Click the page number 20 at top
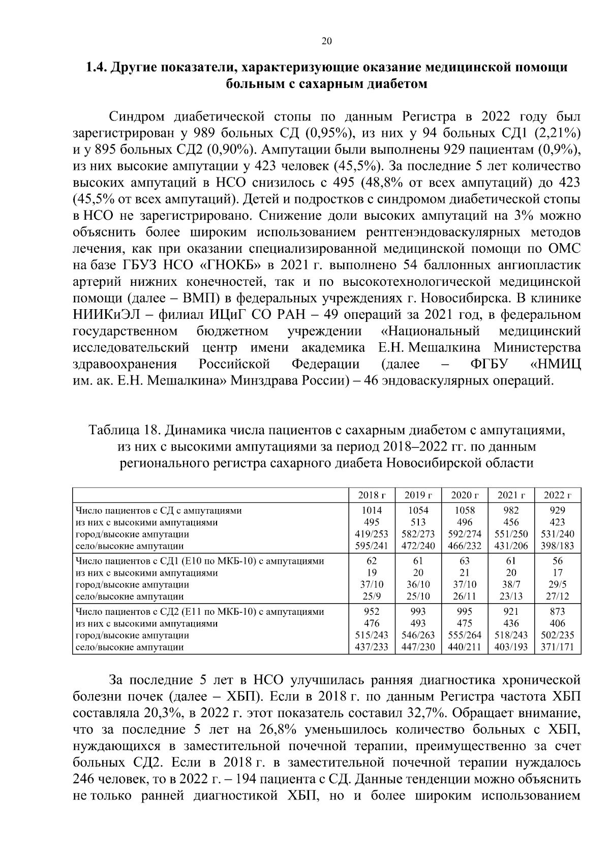327,42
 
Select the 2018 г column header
372,495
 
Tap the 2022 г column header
558,495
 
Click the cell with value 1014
372,510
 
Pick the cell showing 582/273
418,534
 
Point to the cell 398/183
558,546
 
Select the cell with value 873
558,611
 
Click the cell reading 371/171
558,647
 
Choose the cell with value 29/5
558,584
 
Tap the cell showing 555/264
464,635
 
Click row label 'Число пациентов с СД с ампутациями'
158,510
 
